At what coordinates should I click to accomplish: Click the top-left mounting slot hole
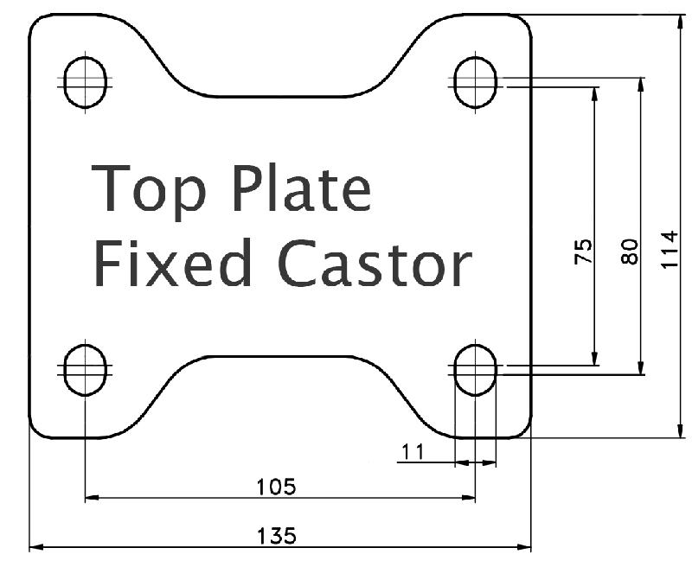click(x=86, y=82)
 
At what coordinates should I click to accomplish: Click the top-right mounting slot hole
click(x=475, y=82)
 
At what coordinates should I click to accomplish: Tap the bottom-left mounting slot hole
click(x=86, y=369)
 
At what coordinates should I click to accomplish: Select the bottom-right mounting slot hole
click(x=475, y=369)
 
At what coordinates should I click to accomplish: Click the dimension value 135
click(x=278, y=536)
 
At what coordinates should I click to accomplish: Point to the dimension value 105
click(x=277, y=487)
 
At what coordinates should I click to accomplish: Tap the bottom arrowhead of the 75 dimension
click(x=595, y=359)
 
